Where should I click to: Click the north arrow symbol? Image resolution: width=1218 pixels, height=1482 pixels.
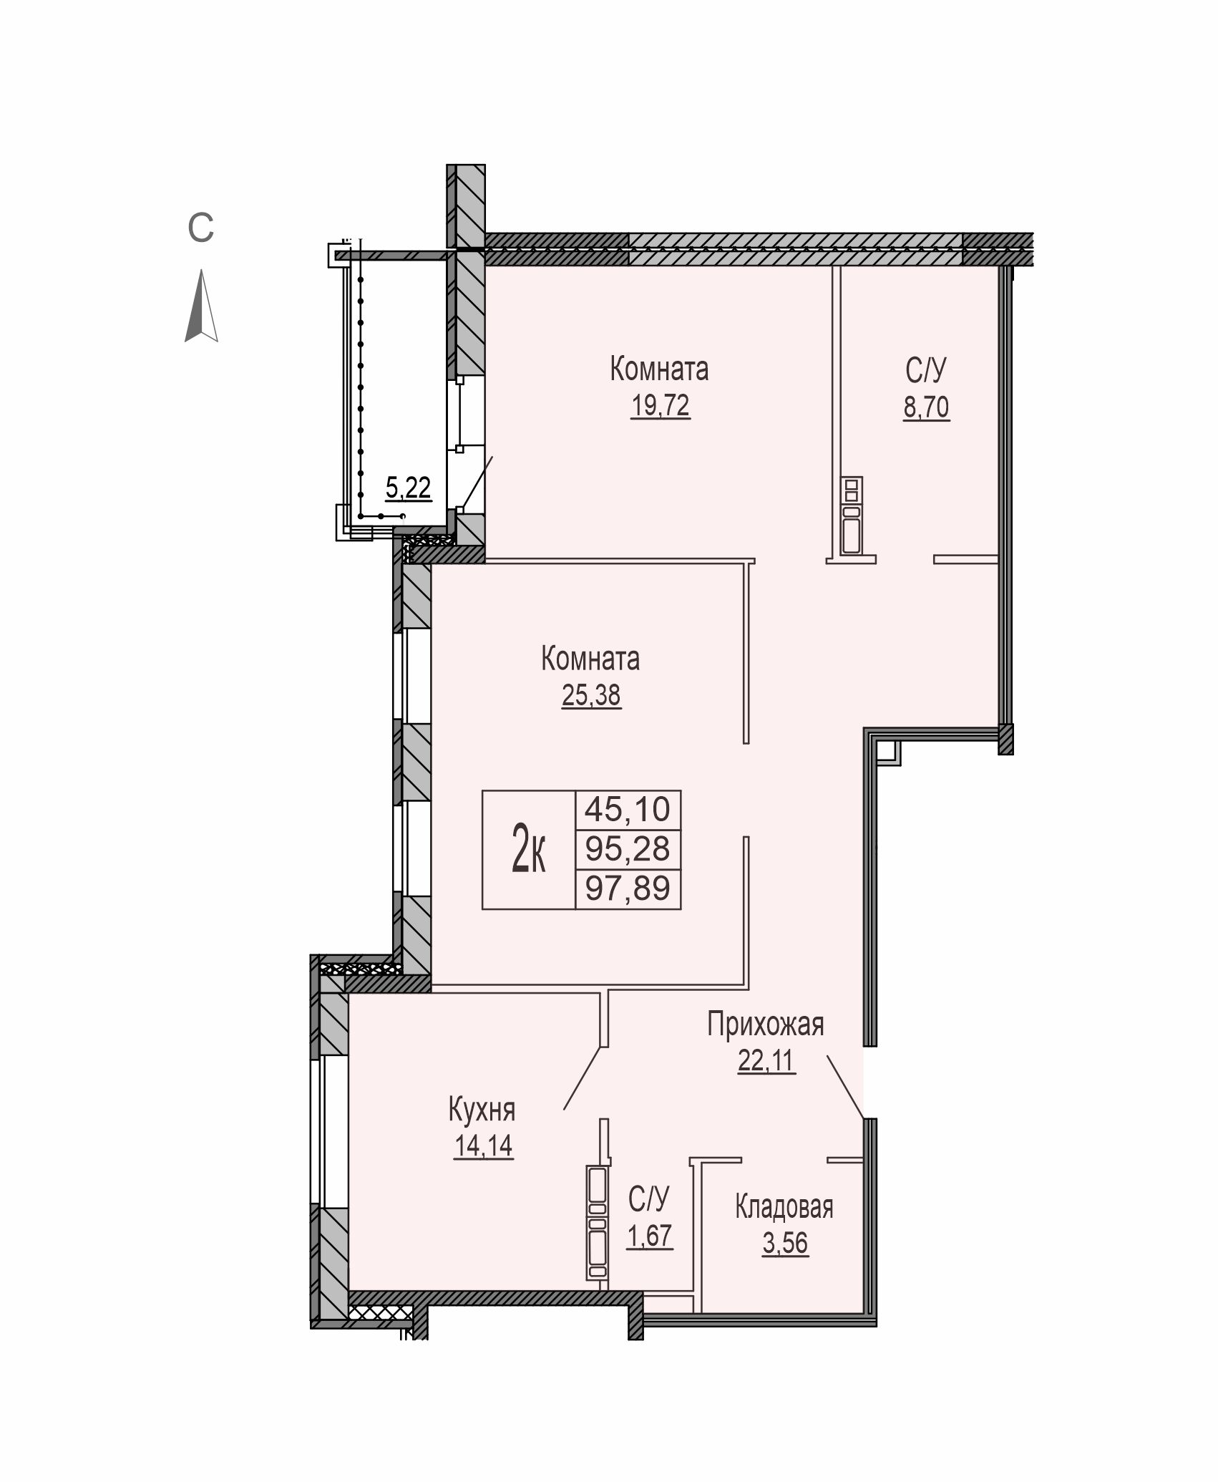point(202,306)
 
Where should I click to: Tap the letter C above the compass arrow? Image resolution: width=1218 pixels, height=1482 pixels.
point(201,228)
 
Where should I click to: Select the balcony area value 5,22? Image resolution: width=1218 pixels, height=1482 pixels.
point(408,488)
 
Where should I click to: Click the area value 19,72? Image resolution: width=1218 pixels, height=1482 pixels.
point(660,406)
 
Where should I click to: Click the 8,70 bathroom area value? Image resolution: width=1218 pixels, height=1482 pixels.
point(926,407)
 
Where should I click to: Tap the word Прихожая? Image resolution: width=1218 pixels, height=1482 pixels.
point(766,1025)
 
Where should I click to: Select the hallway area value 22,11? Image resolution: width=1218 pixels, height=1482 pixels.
point(766,1060)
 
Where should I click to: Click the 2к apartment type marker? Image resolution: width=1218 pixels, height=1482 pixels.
point(529,848)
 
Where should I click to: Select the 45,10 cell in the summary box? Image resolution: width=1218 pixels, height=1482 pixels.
point(628,810)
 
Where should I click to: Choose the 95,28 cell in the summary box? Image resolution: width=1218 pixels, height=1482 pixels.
point(628,850)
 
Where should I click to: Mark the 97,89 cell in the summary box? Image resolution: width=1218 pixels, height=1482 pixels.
point(628,889)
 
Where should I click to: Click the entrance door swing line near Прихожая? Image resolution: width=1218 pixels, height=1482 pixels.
point(846,1086)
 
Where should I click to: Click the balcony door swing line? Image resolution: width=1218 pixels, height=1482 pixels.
point(477,482)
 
